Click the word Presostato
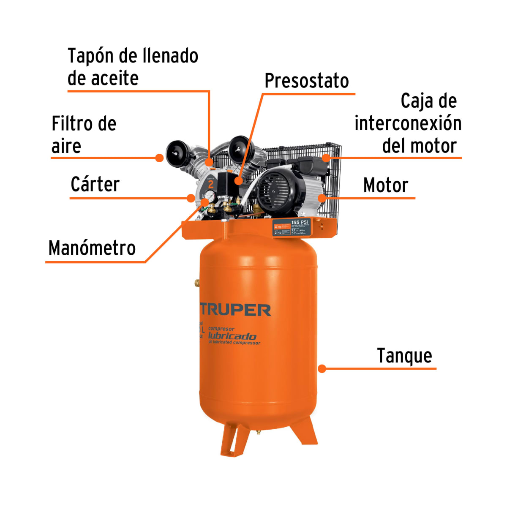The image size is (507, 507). (x=307, y=81)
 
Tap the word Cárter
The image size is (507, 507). (x=95, y=185)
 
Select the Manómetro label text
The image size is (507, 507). (x=92, y=248)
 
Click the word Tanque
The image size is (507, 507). (x=404, y=356)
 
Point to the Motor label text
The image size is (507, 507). (x=386, y=185)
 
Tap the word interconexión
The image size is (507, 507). (x=408, y=123)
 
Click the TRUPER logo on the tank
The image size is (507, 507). (x=235, y=310)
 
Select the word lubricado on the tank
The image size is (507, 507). (x=232, y=336)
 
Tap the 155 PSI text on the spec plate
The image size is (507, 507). (x=300, y=222)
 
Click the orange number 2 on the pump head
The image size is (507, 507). (x=210, y=184)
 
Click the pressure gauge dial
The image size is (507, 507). (x=210, y=195)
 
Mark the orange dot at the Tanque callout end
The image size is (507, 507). (x=322, y=368)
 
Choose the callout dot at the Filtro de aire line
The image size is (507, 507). (x=159, y=158)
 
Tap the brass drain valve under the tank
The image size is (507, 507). (x=258, y=432)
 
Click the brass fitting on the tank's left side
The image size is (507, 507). (x=197, y=282)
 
